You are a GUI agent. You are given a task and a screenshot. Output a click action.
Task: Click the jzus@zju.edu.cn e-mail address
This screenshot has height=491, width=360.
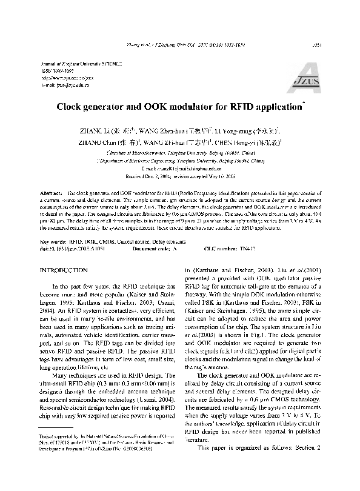56,85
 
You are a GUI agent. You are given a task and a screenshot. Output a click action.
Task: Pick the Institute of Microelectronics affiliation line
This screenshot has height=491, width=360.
179,155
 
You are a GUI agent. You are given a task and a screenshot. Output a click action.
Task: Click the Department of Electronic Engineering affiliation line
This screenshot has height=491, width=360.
179,162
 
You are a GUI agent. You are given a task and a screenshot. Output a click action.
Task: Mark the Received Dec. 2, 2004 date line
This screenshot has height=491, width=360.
179,176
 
